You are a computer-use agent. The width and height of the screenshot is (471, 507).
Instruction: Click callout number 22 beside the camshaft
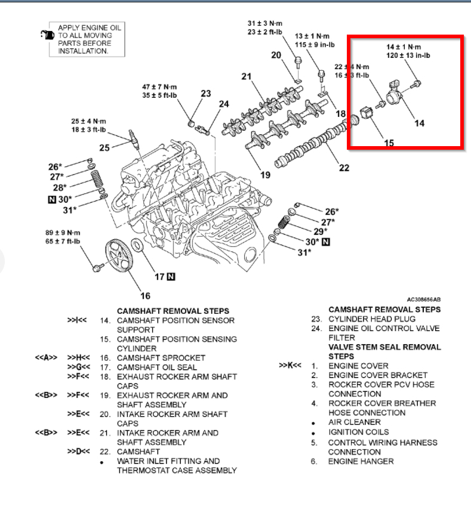(344, 168)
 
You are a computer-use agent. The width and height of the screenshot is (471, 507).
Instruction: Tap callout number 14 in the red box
(419, 123)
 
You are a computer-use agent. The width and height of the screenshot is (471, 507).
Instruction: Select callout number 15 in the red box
(389, 143)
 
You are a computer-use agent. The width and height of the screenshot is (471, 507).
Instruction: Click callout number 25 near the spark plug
(104, 147)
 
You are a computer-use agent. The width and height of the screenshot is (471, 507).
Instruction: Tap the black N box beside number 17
(171, 276)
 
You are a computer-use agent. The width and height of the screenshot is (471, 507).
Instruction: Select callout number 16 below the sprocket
(145, 296)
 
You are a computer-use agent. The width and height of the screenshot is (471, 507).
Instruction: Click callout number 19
(265, 175)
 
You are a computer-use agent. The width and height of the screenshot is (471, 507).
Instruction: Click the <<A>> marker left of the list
(46, 358)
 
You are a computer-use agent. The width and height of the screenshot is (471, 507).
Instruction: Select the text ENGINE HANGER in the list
(361, 461)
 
